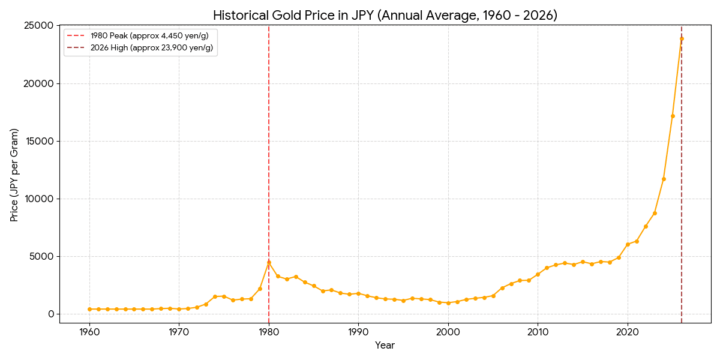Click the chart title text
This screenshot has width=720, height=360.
point(385,16)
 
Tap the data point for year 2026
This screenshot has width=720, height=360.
point(682,38)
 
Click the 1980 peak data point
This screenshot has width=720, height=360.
point(269,262)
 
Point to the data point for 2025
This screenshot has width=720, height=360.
point(673,116)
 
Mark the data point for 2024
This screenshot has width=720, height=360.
point(664,179)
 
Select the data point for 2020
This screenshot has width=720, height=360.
point(628,244)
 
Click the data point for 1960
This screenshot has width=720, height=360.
point(89,309)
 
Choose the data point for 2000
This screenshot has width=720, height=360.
point(448,303)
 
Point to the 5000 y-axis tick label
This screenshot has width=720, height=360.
point(42,256)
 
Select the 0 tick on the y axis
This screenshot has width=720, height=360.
point(51,314)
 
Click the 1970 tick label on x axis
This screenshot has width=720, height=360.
point(179,332)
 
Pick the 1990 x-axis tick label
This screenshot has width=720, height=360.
point(358,332)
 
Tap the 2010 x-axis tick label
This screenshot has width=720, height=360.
point(538,332)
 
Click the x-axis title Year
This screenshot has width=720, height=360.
point(385,346)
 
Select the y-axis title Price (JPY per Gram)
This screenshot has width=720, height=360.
point(14,175)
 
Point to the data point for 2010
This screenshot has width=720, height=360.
point(538,274)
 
